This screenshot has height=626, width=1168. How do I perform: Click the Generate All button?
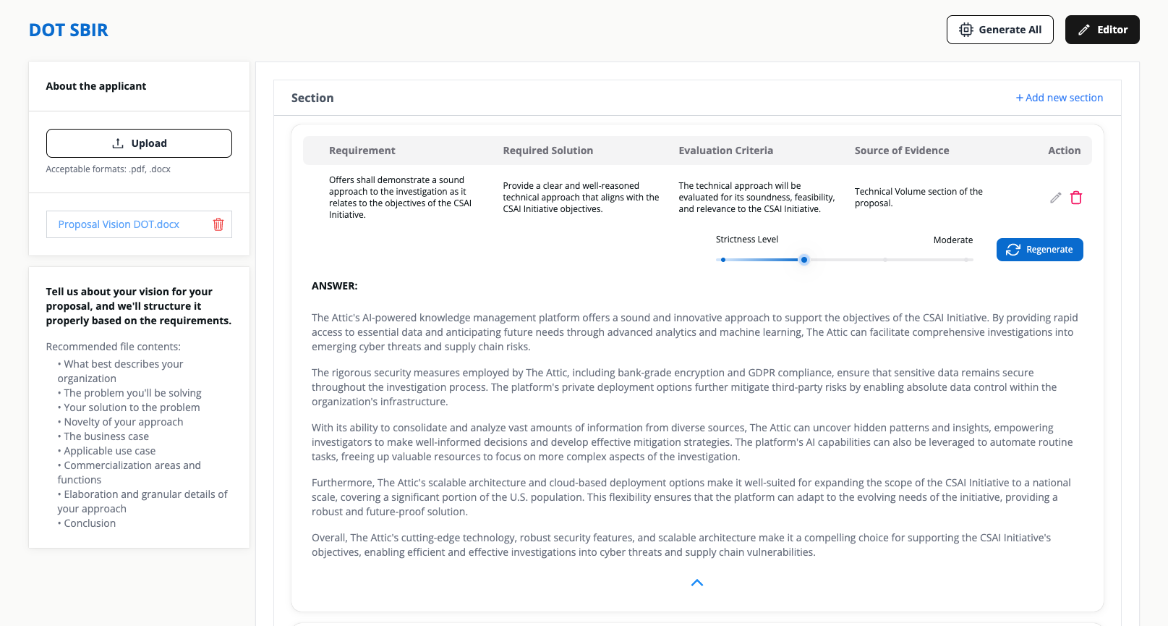pos(999,30)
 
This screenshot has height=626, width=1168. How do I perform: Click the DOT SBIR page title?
pos(69,30)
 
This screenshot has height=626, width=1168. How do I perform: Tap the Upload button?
pos(139,143)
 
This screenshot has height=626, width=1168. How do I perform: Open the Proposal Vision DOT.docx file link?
pos(119,224)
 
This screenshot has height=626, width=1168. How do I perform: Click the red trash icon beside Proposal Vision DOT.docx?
pos(218,224)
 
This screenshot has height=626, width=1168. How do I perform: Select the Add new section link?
pos(1060,98)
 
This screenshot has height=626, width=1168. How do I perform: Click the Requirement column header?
pos(362,151)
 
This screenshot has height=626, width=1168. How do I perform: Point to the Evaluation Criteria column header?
pos(725,151)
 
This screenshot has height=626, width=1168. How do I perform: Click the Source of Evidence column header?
pos(901,151)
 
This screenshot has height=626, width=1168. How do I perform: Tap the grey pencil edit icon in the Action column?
pos(1056,198)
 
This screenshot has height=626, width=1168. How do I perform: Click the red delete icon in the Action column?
pos(1076,198)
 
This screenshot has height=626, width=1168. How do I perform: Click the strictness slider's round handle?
pos(803,260)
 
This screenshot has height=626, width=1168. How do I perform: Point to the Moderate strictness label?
pos(952,240)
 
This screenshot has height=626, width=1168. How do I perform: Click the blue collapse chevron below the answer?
pos(697,583)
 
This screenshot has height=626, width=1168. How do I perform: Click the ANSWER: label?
pos(334,286)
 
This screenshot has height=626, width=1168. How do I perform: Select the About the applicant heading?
pos(96,86)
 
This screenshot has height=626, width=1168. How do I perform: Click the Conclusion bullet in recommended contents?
pos(89,523)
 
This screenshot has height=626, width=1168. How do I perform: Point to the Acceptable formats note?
pos(108,169)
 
